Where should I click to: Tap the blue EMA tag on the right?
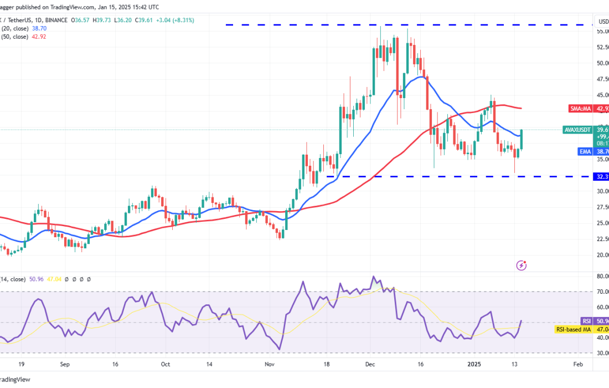click(586, 151)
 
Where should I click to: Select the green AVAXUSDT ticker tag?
click(578, 130)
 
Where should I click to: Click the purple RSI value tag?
click(587, 321)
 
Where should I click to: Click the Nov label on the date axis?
click(270, 365)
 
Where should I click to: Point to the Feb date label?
click(577, 365)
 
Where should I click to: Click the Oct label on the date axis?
click(165, 365)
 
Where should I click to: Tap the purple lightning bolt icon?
click(521, 266)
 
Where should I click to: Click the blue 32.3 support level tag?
click(601, 177)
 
